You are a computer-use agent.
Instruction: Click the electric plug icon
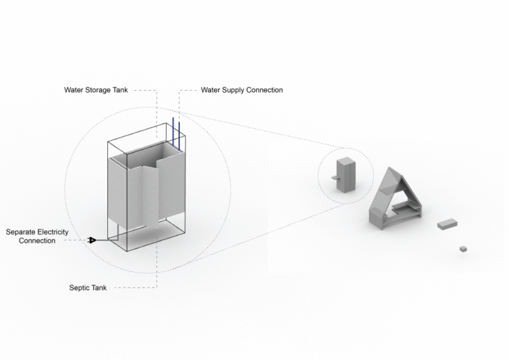[x=91, y=241]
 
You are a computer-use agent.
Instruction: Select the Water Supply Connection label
[x=241, y=90]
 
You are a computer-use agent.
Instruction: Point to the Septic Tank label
[x=88, y=287]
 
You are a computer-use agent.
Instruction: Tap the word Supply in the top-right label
[x=236, y=90]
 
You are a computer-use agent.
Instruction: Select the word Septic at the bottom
[x=79, y=287]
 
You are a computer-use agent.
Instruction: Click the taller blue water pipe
[x=173, y=133]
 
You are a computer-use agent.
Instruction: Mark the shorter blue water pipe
[x=179, y=136]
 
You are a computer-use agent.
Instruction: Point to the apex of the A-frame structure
[x=390, y=169]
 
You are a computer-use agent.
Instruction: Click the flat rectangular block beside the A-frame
[x=447, y=224]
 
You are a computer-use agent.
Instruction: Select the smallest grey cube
[x=463, y=248]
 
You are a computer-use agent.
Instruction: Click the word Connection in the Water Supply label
[x=266, y=90]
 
